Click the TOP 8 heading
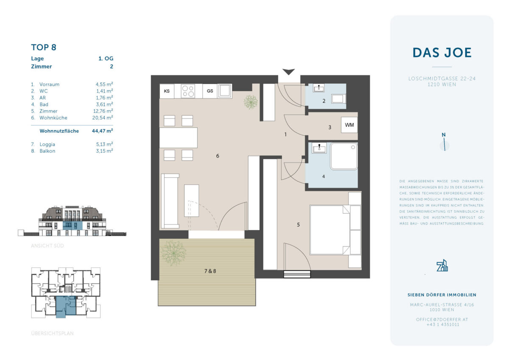point(44,47)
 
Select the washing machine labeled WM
point(349,125)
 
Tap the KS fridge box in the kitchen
point(167,91)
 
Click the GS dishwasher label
point(210,91)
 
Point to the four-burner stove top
point(188,91)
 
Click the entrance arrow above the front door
point(288,72)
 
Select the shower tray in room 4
point(344,156)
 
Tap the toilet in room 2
point(338,99)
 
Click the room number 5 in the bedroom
point(298,225)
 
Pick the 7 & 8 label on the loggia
point(210,271)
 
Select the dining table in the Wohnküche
point(179,138)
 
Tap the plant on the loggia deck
point(173,253)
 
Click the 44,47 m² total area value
point(103,131)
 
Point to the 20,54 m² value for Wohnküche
point(103,118)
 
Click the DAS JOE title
point(442,53)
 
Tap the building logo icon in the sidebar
point(442,265)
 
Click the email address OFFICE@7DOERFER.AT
point(442,319)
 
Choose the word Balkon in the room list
point(47,151)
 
